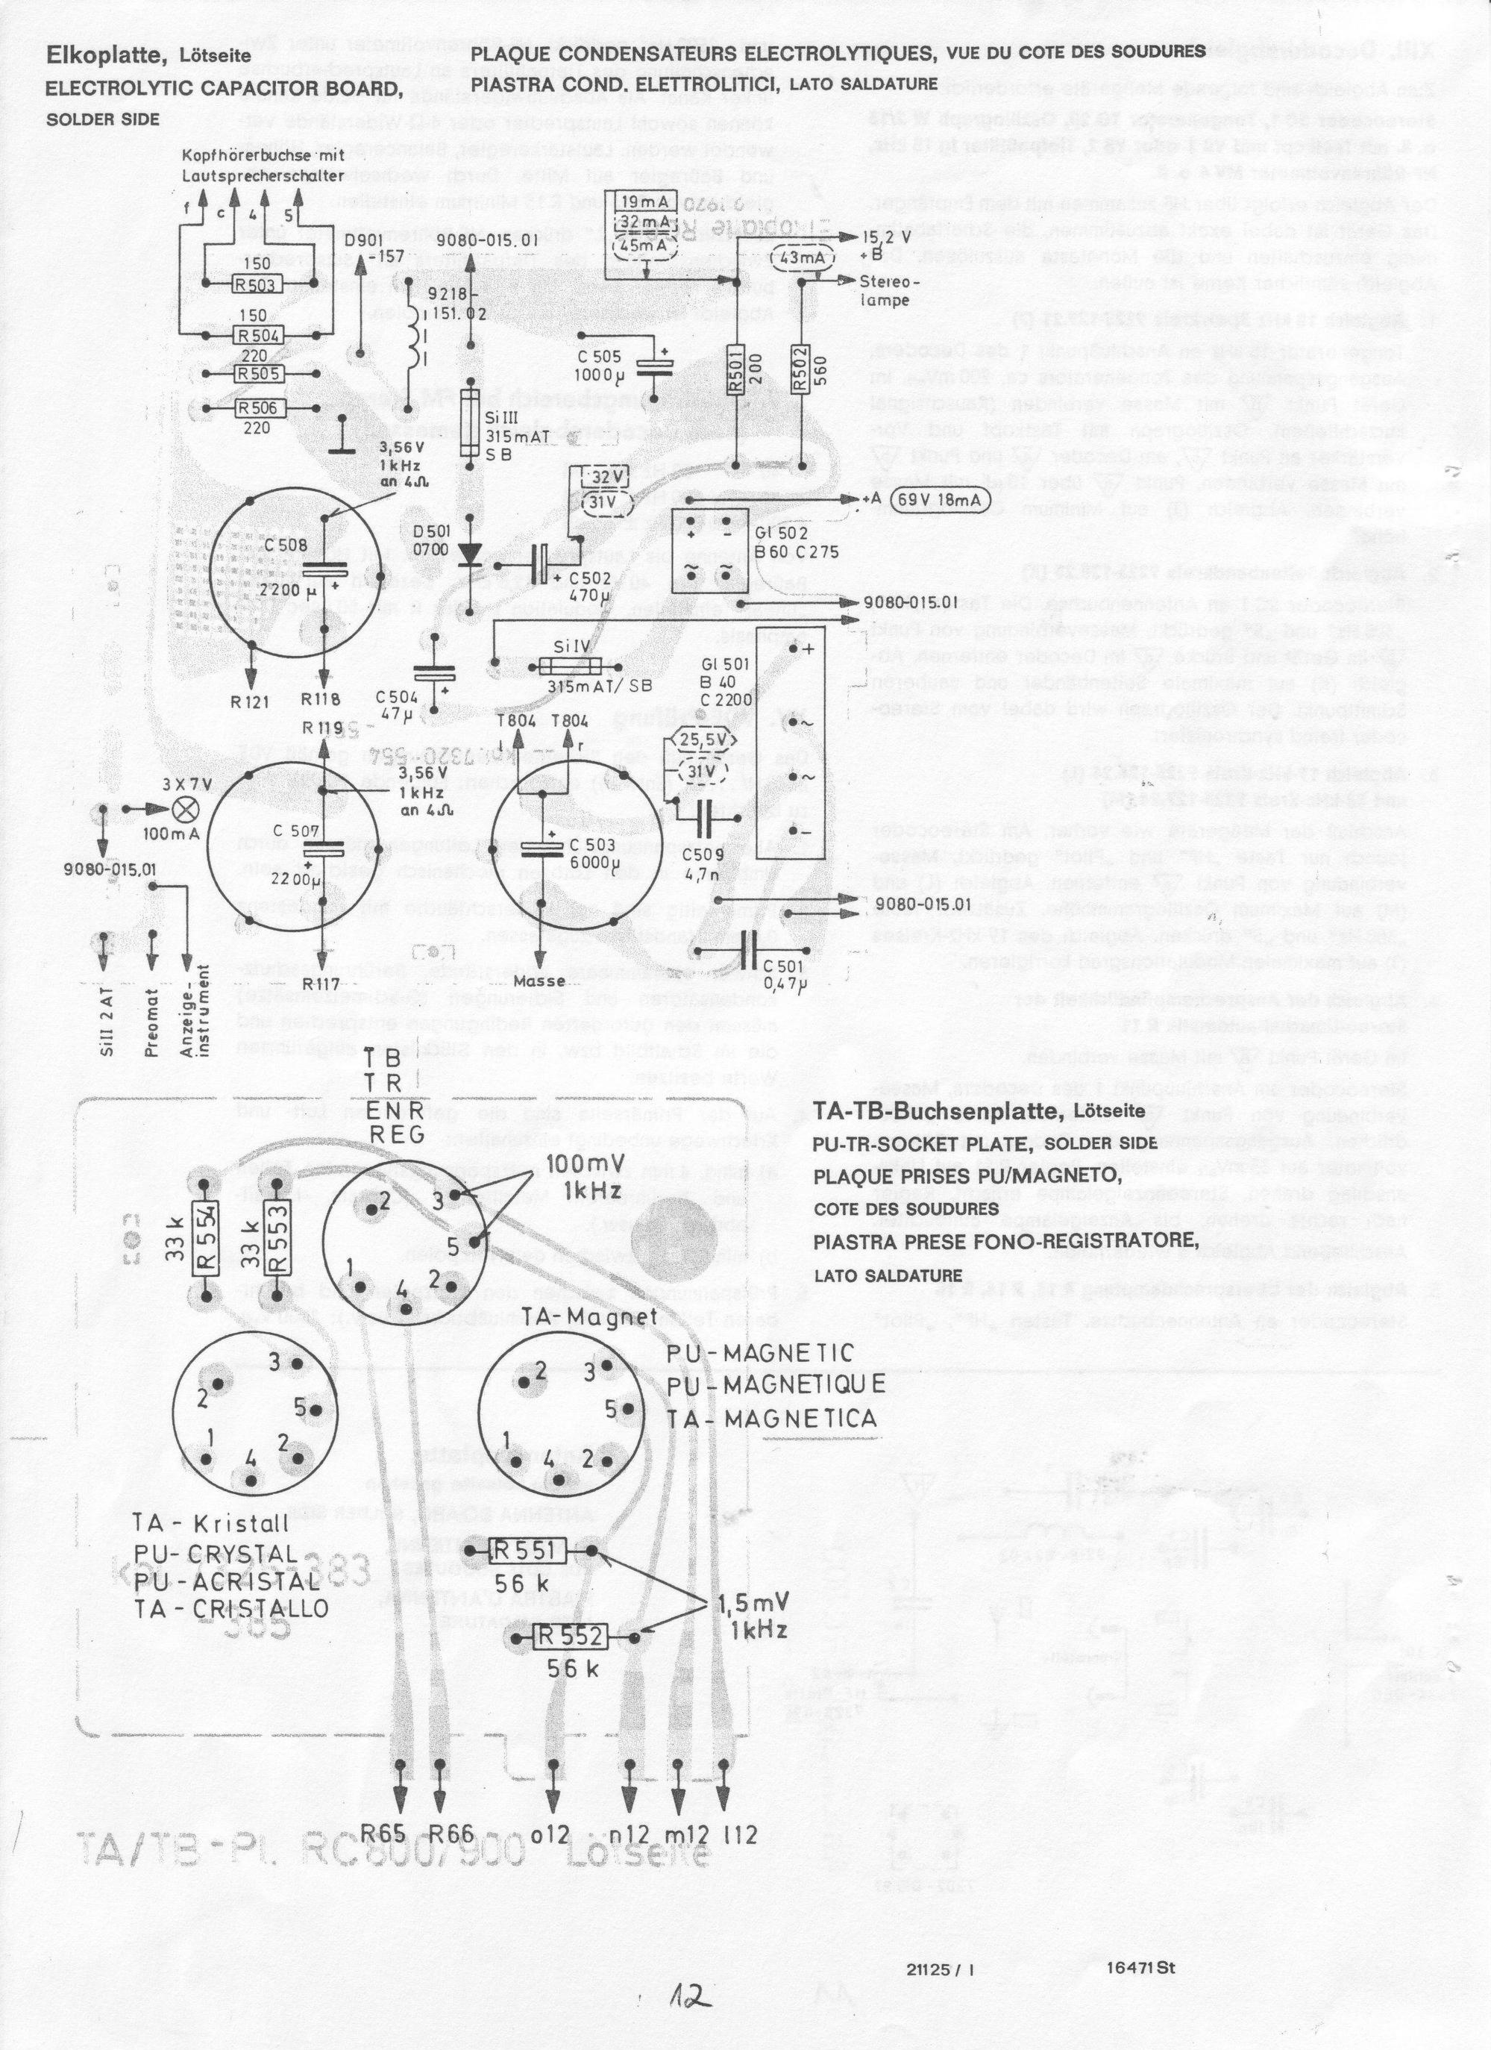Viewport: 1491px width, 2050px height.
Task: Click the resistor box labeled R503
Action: coord(257,286)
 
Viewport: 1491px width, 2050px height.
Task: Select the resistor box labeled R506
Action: coord(257,408)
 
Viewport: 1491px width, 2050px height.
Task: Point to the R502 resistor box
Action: coord(800,367)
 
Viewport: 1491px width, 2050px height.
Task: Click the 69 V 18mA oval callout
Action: coord(940,501)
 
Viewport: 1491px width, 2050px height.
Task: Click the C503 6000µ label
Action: coord(593,853)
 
